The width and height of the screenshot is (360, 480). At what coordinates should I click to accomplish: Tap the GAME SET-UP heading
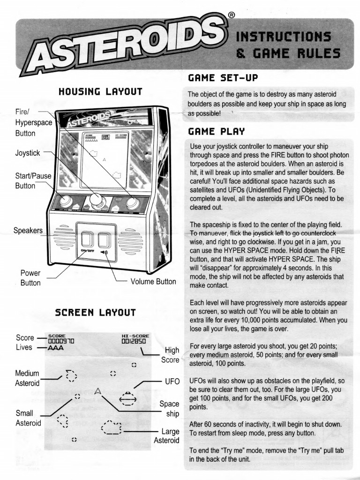tap(223, 77)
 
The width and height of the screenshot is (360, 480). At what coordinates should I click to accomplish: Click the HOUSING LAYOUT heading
tap(100, 91)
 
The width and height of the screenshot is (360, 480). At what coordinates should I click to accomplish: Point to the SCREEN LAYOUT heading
tap(95, 312)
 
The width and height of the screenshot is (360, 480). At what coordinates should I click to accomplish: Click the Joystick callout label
tap(28, 153)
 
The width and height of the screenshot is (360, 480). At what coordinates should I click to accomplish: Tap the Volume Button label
tap(153, 282)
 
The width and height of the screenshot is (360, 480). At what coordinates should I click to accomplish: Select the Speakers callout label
tap(28, 231)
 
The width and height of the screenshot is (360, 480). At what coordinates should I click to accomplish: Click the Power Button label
tap(30, 278)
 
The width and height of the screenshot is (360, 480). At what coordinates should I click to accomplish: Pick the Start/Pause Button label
tap(33, 181)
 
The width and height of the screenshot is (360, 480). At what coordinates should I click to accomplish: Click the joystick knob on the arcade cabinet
tap(98, 198)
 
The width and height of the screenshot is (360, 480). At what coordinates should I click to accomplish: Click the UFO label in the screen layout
tap(172, 381)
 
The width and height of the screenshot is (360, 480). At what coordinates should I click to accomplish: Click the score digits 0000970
tap(61, 342)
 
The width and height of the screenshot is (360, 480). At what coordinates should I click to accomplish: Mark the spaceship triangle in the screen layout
tap(98, 390)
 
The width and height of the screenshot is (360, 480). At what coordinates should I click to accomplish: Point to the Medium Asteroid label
tap(27, 378)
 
